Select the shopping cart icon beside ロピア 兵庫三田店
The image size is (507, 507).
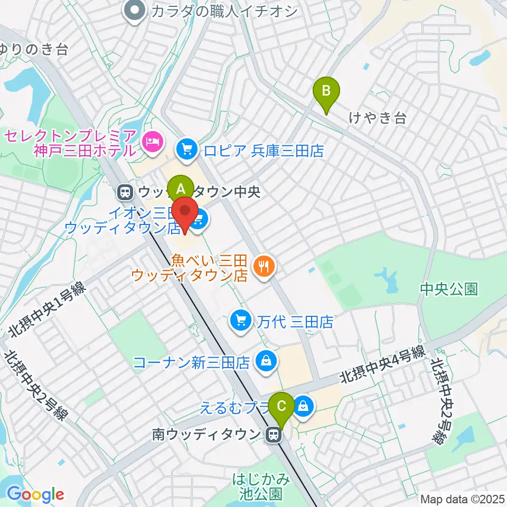coord(186,151)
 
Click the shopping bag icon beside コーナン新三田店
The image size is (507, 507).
coord(265,362)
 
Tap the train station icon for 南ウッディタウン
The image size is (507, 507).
coord(273,435)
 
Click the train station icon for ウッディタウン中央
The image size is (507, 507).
coord(125,192)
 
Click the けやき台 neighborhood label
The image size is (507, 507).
coord(378,118)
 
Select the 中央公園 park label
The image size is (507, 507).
coord(449,288)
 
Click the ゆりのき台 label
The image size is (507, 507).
coord(34,50)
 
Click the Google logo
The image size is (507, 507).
coord(35,495)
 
